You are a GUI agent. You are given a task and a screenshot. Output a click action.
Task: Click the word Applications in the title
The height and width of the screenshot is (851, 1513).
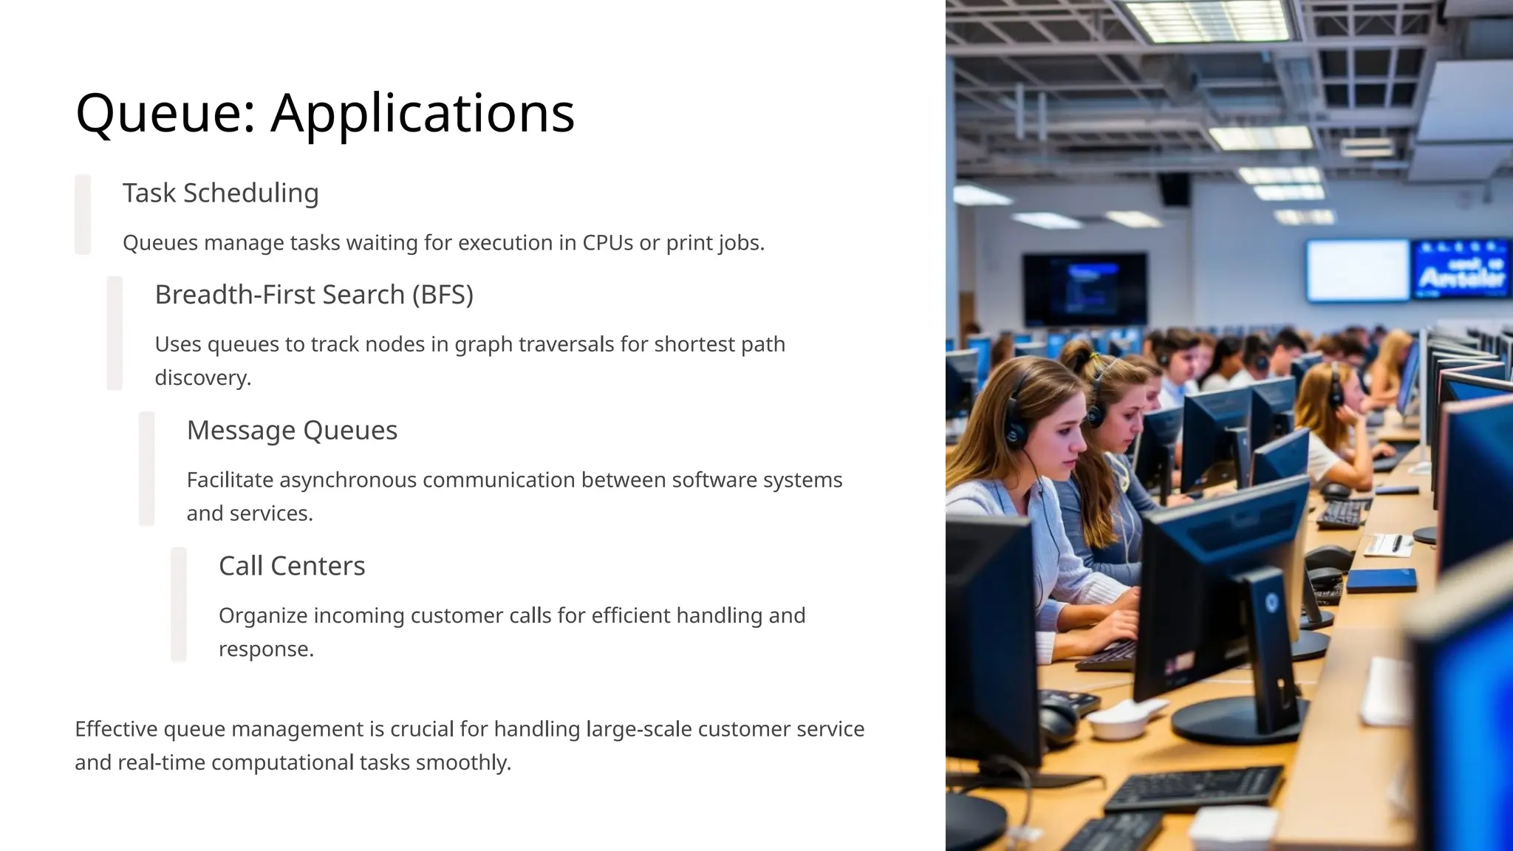click(x=423, y=114)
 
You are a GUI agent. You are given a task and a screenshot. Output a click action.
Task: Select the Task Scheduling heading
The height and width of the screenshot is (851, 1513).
click(x=220, y=193)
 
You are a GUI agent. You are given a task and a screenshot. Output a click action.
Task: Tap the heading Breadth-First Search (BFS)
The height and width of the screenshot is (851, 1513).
click(x=314, y=295)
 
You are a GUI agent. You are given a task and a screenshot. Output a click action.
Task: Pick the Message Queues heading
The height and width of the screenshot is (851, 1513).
click(x=292, y=430)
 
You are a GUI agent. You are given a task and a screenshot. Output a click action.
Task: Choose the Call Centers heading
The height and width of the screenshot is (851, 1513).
click(x=292, y=566)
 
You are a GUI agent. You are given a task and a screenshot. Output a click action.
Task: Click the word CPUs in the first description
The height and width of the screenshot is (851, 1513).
click(x=607, y=243)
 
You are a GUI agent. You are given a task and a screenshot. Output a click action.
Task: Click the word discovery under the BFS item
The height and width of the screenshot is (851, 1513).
click(x=203, y=377)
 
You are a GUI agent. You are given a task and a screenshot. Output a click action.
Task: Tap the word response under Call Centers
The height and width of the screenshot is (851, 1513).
click(x=266, y=649)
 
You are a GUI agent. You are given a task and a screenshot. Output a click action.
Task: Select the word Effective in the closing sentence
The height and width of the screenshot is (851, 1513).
click(x=116, y=729)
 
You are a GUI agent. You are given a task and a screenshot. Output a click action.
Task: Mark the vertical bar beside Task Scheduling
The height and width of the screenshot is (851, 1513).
click(x=83, y=214)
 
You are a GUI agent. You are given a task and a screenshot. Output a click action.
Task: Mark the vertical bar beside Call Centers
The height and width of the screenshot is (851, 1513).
click(x=179, y=604)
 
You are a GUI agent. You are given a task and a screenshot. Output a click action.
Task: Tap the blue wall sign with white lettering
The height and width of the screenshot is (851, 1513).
click(x=1461, y=270)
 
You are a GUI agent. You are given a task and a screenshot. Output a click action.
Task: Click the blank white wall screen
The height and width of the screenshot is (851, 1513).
click(x=1358, y=270)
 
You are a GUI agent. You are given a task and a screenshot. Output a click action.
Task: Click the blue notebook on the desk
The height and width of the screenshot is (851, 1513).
click(x=1381, y=580)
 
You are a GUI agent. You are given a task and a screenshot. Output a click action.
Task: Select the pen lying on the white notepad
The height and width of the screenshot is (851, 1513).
click(x=1396, y=543)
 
